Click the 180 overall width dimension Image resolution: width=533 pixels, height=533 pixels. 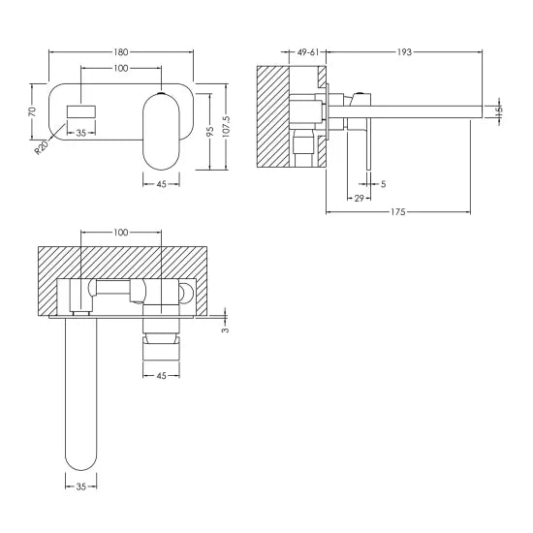click(121, 51)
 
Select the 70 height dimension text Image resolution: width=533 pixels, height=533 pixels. click(32, 111)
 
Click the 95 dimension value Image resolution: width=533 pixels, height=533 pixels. click(207, 131)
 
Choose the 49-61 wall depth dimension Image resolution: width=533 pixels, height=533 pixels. click(311, 51)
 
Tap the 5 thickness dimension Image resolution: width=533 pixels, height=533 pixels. click(384, 183)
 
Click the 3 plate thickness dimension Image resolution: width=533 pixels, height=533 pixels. click(225, 329)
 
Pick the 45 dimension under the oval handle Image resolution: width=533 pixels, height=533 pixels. click(162, 375)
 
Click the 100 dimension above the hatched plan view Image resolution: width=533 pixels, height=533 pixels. click(121, 234)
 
